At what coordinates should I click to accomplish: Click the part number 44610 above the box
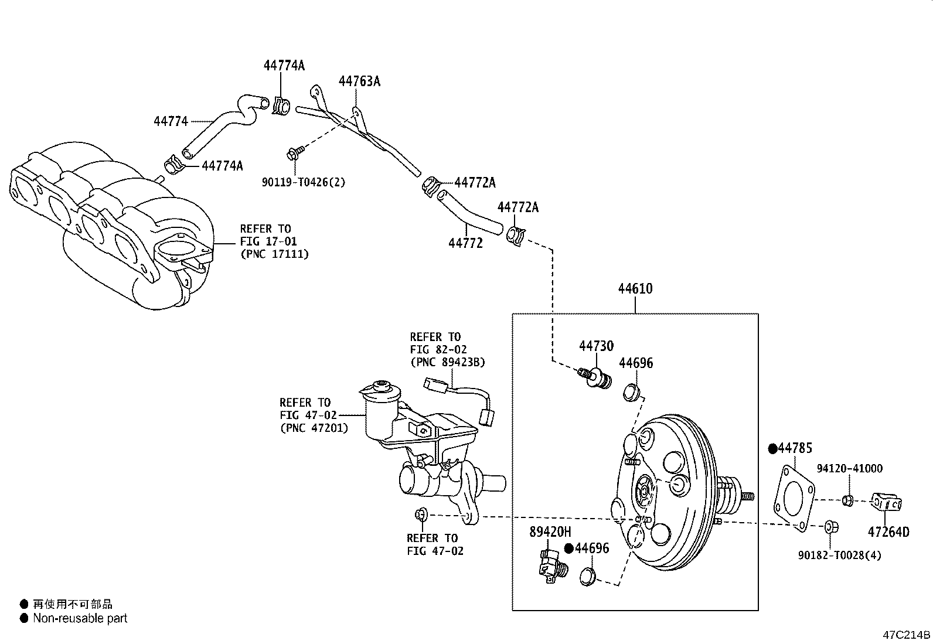pyautogui.click(x=635, y=289)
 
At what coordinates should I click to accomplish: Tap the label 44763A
pyautogui.click(x=359, y=81)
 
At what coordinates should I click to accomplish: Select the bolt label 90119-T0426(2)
pyautogui.click(x=303, y=182)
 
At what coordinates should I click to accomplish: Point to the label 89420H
pyautogui.click(x=550, y=532)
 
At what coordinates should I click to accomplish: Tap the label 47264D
pyautogui.click(x=888, y=532)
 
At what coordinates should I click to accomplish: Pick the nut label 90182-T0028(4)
pyautogui.click(x=840, y=555)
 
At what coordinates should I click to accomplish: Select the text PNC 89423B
pyautogui.click(x=448, y=363)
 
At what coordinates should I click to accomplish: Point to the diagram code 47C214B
pyautogui.click(x=906, y=635)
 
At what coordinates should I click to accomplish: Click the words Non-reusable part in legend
pyautogui.click(x=80, y=618)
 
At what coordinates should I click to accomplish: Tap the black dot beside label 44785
pyautogui.click(x=772, y=449)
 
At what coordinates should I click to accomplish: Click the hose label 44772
pyautogui.click(x=465, y=243)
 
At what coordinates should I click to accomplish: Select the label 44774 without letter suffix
pyautogui.click(x=171, y=121)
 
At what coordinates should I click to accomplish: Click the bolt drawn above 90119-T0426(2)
pyautogui.click(x=293, y=154)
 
